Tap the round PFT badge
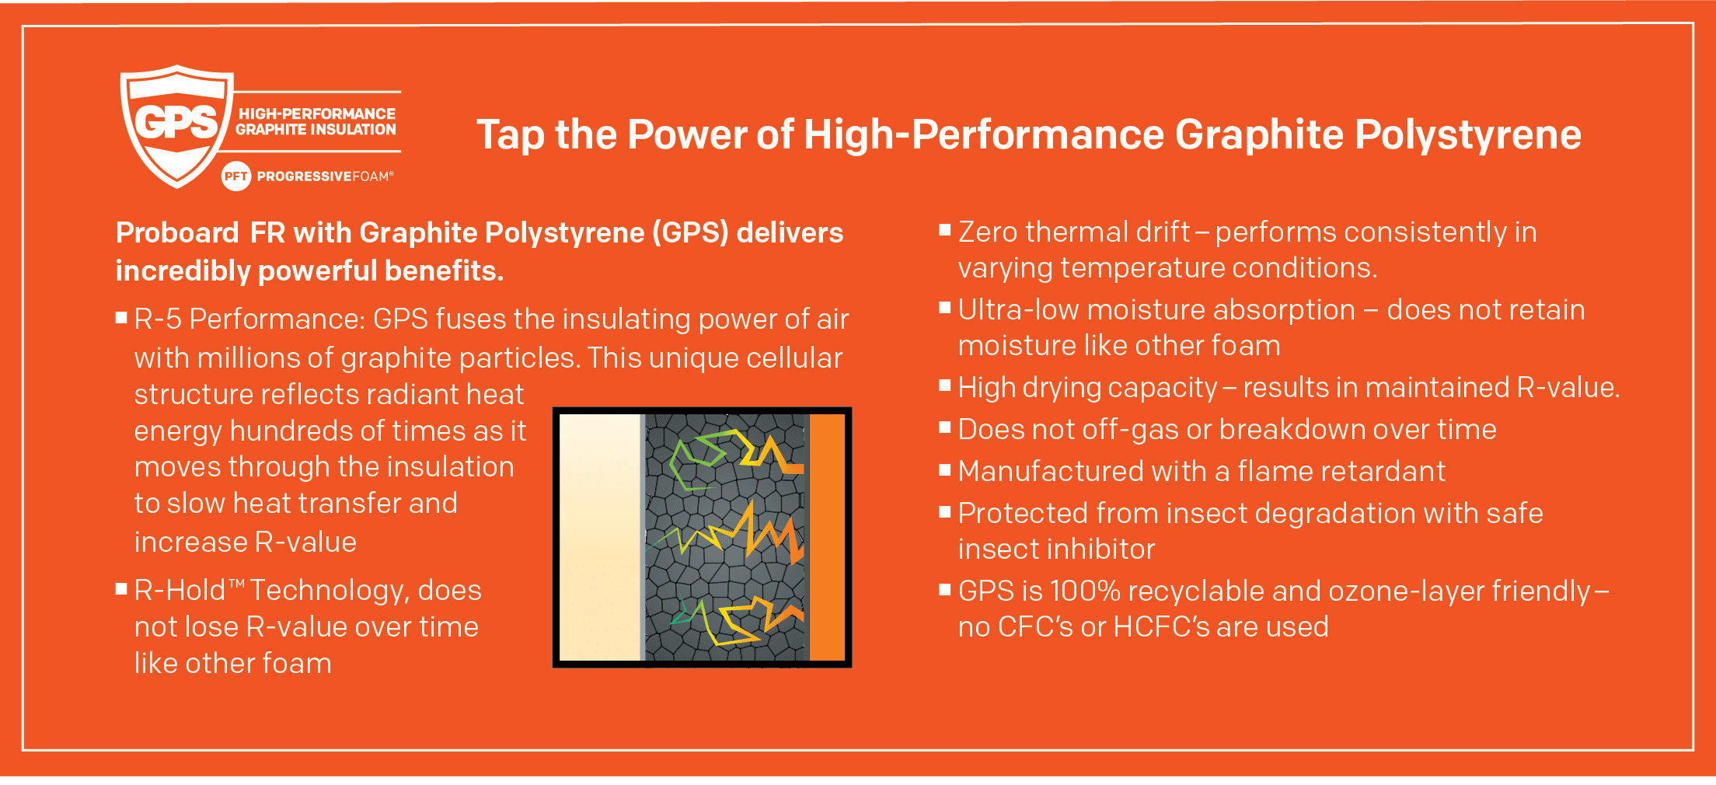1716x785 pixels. click(236, 176)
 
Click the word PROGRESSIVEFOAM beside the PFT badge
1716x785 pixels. click(325, 176)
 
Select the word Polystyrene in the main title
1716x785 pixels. click(1468, 136)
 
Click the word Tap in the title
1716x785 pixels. click(510, 136)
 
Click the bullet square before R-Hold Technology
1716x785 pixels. click(121, 589)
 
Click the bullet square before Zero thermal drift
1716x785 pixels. click(945, 229)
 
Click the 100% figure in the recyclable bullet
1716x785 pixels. click(1085, 591)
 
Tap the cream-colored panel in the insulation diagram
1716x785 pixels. click(600, 537)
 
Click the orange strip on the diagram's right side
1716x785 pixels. click(827, 537)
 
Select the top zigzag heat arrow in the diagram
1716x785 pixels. click(734, 459)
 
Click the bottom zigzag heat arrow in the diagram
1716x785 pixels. click(734, 622)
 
